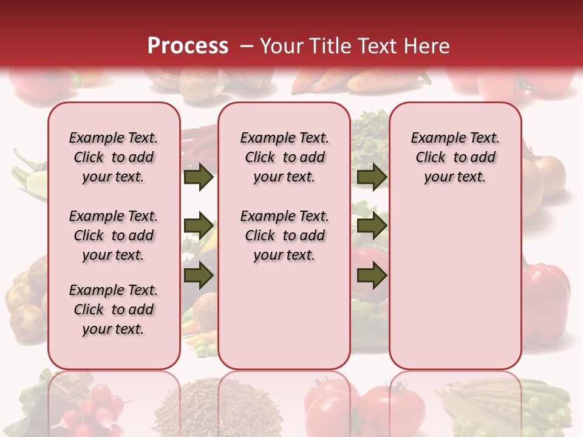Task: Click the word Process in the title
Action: click(x=188, y=46)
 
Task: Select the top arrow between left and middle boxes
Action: click(x=198, y=177)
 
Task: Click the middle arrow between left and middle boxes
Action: click(x=198, y=226)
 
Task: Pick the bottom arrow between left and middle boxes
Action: click(x=198, y=275)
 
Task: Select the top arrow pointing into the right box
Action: click(x=372, y=177)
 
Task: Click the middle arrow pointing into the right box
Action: click(x=372, y=226)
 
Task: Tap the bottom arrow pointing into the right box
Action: click(x=372, y=275)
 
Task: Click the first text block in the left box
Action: click(x=114, y=158)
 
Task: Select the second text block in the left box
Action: click(x=114, y=235)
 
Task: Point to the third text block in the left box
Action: click(x=114, y=310)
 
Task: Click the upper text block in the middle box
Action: click(x=284, y=158)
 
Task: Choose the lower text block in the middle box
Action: click(x=284, y=235)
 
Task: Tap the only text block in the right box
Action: click(x=455, y=158)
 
